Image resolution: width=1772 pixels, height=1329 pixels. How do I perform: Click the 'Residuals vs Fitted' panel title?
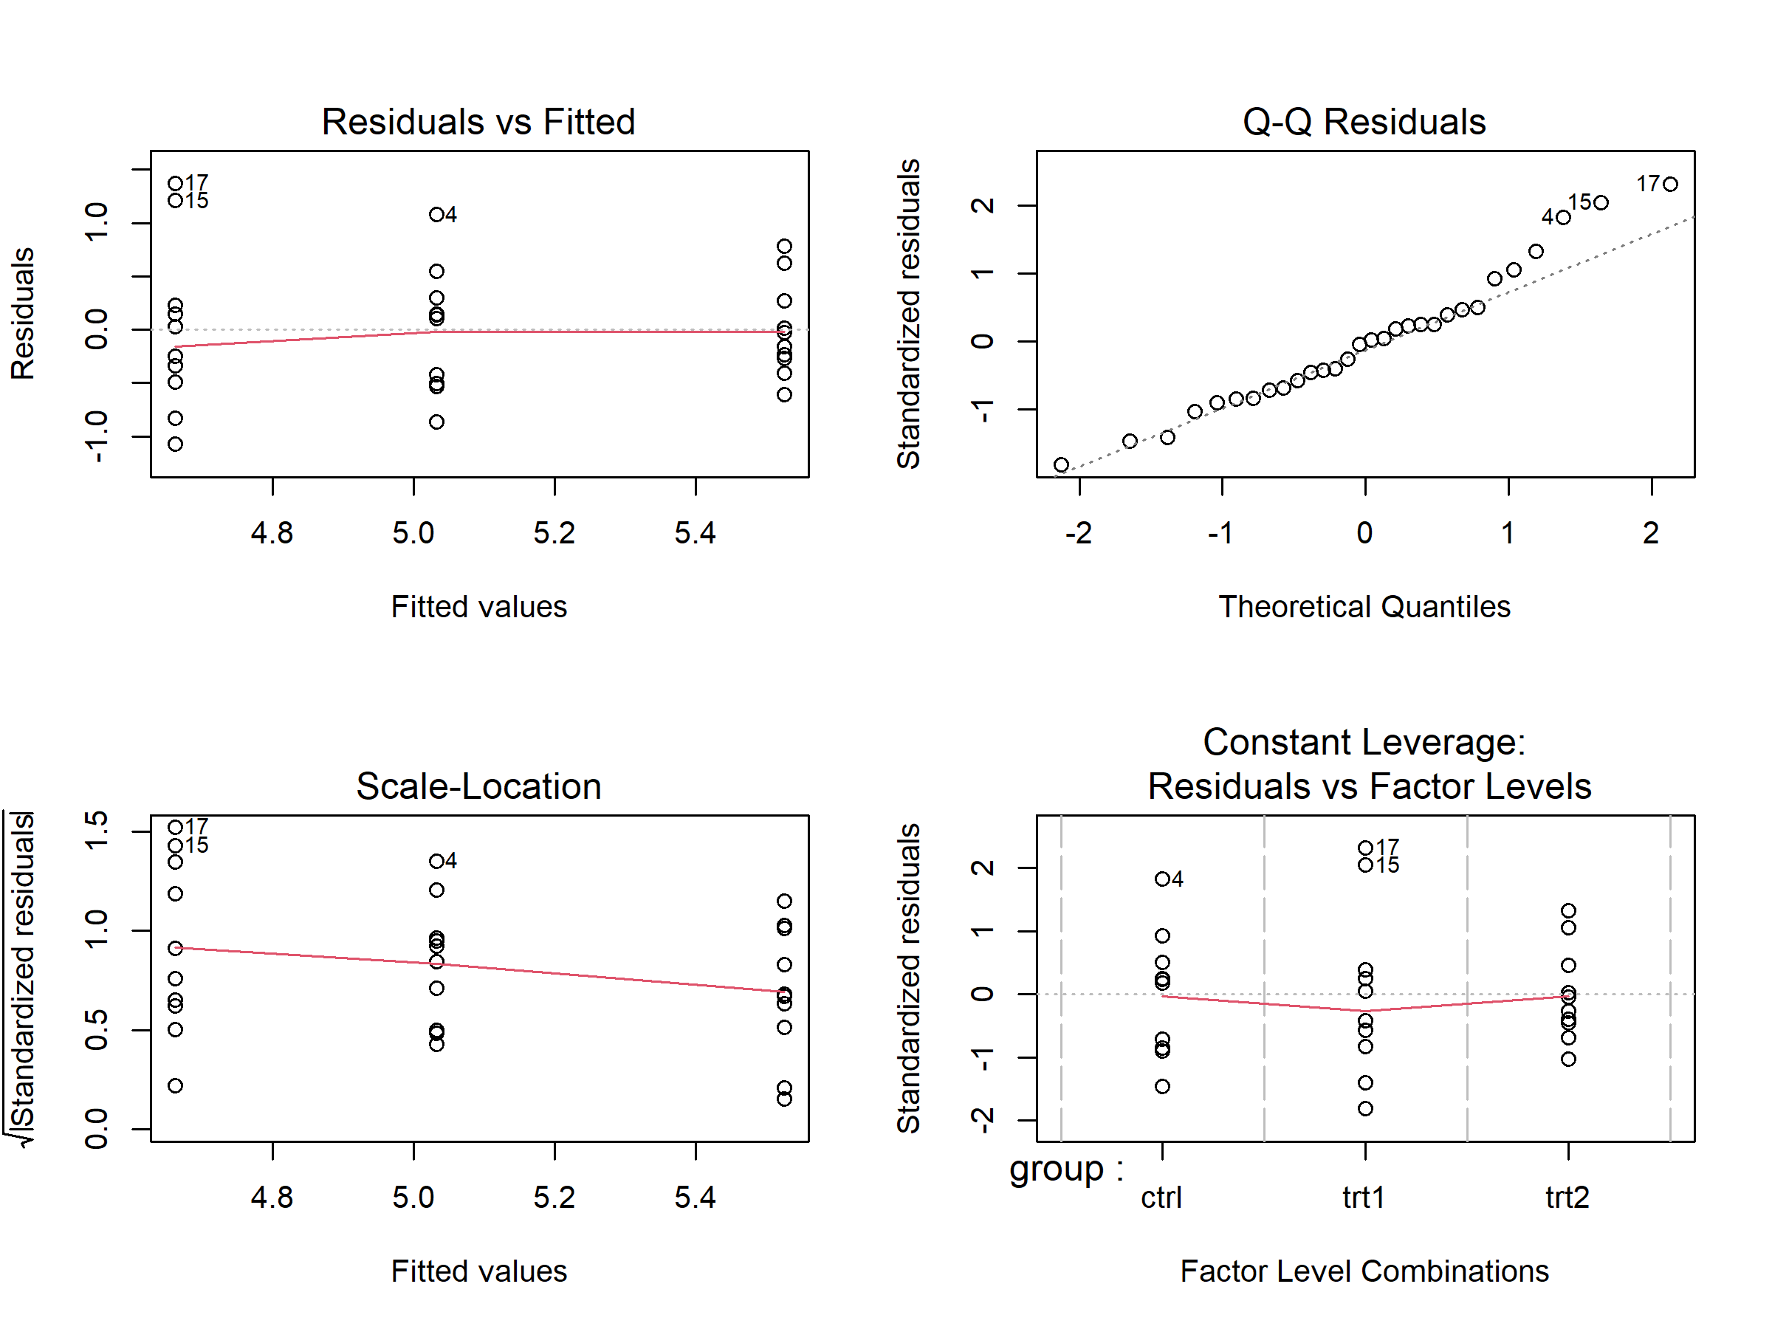[x=478, y=123]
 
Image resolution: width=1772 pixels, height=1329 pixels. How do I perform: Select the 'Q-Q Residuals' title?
[x=1364, y=123]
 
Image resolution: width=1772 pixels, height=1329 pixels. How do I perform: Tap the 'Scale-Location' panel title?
[x=478, y=786]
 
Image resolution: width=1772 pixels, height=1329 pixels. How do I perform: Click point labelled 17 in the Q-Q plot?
[x=1669, y=185]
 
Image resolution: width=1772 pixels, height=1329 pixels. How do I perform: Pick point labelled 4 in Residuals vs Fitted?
[x=436, y=215]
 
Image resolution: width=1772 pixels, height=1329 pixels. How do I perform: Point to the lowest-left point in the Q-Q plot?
[x=1061, y=464]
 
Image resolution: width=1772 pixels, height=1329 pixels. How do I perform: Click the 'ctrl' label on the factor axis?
[x=1161, y=1198]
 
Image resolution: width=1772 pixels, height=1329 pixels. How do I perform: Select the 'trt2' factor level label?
[x=1567, y=1198]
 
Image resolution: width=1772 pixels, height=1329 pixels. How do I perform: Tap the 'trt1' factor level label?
[x=1364, y=1198]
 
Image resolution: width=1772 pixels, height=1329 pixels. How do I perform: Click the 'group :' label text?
[x=1066, y=1169]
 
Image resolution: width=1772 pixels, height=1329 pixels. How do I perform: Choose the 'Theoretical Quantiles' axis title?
[x=1364, y=607]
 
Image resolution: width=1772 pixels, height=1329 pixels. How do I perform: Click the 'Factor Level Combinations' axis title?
[x=1364, y=1271]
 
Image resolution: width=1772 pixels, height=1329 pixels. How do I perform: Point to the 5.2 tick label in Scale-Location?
[x=554, y=1198]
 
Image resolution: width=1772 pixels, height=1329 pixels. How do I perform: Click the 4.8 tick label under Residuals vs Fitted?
[x=272, y=534]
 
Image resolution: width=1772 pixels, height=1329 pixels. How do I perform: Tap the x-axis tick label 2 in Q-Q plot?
[x=1650, y=534]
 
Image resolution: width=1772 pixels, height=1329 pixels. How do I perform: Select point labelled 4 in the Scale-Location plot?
[x=436, y=861]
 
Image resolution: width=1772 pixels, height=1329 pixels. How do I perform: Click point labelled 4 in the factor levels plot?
[x=1161, y=879]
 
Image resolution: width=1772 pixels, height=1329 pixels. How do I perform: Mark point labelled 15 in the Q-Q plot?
[x=1601, y=203]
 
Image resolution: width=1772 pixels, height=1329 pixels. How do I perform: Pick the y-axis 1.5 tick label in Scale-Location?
[x=96, y=831]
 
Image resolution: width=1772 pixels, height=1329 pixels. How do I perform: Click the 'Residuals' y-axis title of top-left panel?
[x=23, y=313]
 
